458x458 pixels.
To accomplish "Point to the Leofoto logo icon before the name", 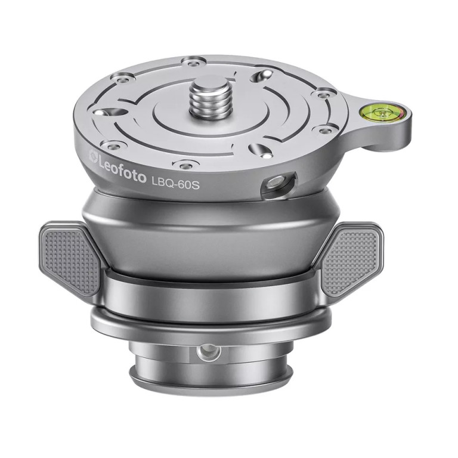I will coord(92,156).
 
